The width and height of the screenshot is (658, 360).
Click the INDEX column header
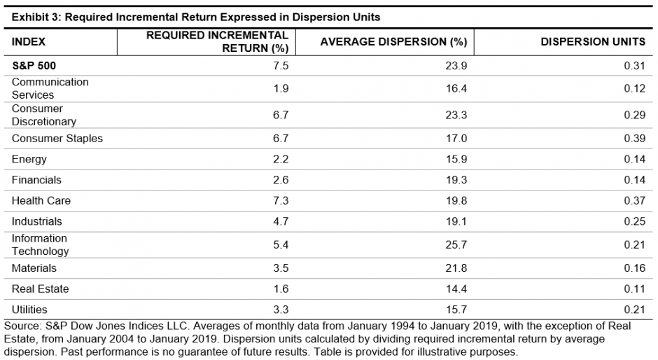(x=29, y=42)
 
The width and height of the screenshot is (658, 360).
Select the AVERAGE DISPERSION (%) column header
(x=393, y=42)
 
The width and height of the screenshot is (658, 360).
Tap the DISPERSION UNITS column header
(x=592, y=42)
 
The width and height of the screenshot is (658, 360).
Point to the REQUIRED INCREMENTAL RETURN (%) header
(x=217, y=41)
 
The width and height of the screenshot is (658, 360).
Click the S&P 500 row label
(x=34, y=65)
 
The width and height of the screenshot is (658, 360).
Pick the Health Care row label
(x=41, y=201)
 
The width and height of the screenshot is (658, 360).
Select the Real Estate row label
(x=40, y=289)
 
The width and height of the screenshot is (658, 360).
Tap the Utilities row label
(x=29, y=310)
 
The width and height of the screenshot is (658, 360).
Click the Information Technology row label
(x=41, y=244)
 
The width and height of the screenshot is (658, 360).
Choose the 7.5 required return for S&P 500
(x=281, y=65)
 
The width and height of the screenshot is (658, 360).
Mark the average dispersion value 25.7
(x=457, y=244)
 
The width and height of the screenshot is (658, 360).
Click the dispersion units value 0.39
(x=634, y=139)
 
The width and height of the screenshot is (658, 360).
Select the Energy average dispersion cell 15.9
(x=457, y=160)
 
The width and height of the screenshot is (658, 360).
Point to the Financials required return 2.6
(x=281, y=181)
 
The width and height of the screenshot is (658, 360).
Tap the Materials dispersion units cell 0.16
(x=634, y=268)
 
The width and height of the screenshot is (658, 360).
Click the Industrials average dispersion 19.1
(x=457, y=221)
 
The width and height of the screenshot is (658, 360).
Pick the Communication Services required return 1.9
(x=281, y=88)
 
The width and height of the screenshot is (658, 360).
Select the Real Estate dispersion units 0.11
(x=634, y=289)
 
